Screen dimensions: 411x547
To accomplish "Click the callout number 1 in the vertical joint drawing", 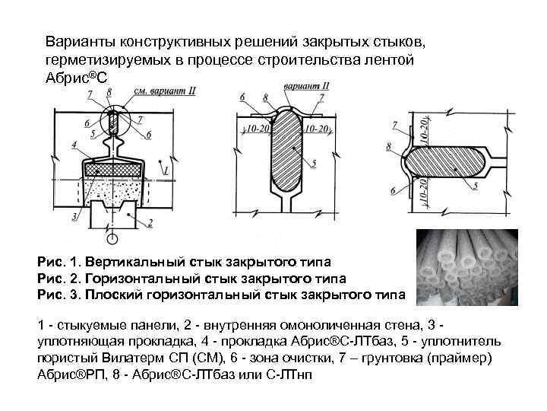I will pos(166,173).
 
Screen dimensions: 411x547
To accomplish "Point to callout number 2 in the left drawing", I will pos(150,223).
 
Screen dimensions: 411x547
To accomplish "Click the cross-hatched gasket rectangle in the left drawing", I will pos(115,169).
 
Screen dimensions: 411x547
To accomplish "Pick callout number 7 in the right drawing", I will pos(393,123).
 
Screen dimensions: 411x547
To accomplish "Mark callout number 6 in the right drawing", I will pos(393,191).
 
